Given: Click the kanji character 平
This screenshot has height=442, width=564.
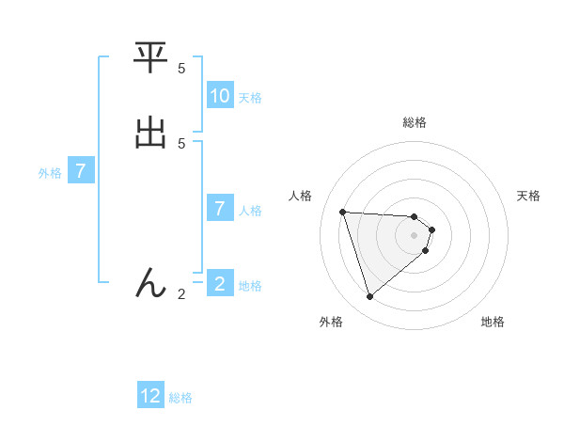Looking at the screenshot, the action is click(151, 59).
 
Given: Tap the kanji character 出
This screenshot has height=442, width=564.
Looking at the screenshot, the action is click(151, 133).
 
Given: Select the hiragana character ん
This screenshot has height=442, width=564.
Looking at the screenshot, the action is click(151, 283).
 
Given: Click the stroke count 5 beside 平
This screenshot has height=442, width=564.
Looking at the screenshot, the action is click(181, 69).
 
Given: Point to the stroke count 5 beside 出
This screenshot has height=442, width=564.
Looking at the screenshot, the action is click(181, 143).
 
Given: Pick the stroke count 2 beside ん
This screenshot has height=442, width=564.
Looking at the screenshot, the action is click(181, 294).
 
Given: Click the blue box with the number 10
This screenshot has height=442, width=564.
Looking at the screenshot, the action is click(220, 96).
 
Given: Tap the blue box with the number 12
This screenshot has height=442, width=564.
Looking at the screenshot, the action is click(150, 396).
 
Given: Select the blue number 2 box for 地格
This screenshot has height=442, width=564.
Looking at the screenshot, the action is click(220, 283).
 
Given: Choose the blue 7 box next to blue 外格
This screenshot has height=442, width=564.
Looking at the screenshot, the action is click(81, 171).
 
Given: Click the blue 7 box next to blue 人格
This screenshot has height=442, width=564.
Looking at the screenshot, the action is click(220, 208).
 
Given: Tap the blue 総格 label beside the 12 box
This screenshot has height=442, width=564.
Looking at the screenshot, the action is click(180, 398).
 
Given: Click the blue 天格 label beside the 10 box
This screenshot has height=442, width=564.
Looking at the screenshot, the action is click(250, 97).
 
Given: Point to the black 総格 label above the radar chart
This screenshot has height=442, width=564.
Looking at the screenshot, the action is click(415, 122).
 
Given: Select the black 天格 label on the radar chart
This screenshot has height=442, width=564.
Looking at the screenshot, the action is click(528, 196).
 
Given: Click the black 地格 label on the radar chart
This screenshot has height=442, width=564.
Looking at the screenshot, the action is click(493, 322).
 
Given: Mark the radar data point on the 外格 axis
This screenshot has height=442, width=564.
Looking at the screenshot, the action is click(369, 297).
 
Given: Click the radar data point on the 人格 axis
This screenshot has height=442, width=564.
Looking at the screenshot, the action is click(343, 212).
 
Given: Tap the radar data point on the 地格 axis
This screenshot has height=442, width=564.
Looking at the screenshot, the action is click(426, 250).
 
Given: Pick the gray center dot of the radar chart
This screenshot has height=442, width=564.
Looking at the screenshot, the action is click(415, 234).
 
